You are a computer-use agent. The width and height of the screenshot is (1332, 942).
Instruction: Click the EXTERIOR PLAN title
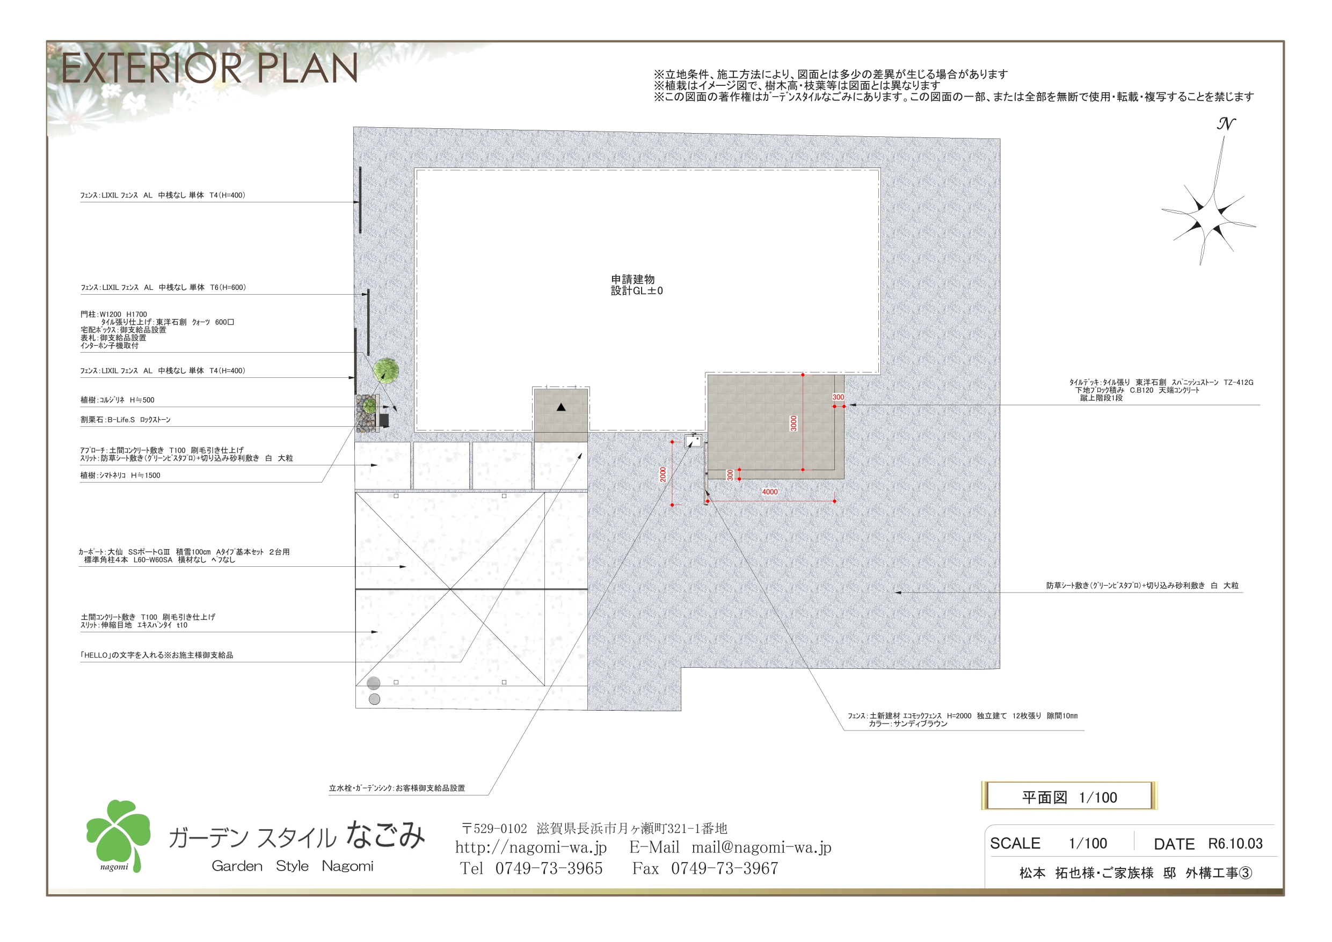pos(209,69)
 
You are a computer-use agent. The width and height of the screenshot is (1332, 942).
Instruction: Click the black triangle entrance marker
pos(561,407)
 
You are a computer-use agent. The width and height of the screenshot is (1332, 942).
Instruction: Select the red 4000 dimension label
pos(770,492)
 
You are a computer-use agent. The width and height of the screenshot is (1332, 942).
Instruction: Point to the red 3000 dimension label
pos(794,423)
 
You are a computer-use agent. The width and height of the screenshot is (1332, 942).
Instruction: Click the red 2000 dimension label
pos(663,474)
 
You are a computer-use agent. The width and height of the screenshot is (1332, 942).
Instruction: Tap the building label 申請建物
pos(633,279)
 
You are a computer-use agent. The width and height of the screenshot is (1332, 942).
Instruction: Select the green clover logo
pos(118,836)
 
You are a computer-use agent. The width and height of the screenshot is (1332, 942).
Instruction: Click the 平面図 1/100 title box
pos(1069,797)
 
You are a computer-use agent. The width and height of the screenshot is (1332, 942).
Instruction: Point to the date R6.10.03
pos(1235,843)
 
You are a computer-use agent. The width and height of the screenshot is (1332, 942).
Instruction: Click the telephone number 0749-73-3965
pos(549,868)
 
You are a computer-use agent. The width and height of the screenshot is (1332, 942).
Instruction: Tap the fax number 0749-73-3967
pos(725,868)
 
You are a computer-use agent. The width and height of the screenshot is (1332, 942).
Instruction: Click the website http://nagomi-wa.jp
pos(531,848)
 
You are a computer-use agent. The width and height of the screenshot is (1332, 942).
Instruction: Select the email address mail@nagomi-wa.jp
pos(761,848)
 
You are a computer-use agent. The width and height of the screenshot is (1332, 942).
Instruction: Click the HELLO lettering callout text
pos(157,655)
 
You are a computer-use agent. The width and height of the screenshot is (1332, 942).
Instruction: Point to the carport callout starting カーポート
pos(184,556)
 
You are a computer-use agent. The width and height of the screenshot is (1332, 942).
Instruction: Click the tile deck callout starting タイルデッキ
pos(1161,390)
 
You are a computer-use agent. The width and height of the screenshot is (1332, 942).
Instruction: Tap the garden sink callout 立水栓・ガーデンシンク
pos(397,788)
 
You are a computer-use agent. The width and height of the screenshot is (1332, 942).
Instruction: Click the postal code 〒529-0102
pos(494,828)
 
